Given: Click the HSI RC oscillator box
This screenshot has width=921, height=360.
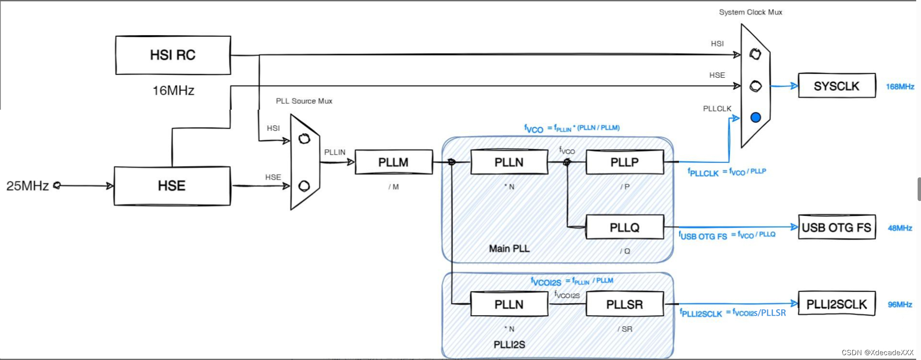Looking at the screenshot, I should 173,55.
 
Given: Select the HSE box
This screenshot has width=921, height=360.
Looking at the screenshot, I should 172,186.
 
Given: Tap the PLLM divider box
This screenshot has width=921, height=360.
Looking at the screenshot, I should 393,162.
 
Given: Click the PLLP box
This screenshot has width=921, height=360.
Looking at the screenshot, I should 624,162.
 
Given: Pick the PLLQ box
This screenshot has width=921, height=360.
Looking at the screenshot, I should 624,227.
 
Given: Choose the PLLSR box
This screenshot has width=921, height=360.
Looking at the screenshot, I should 624,304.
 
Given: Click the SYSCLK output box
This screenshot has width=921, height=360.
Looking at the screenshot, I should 836,86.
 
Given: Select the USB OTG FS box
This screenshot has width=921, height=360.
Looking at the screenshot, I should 836,227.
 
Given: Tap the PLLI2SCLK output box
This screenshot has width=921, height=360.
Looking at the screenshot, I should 836,304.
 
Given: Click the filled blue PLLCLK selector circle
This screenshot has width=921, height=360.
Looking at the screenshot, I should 756,117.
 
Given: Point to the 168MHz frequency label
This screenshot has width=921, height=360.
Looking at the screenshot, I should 900,87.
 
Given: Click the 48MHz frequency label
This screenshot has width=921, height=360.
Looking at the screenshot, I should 900,228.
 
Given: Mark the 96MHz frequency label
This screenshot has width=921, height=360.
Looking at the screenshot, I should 900,304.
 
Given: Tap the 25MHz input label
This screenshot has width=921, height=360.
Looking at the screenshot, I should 28,186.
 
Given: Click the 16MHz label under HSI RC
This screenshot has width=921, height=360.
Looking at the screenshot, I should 173,91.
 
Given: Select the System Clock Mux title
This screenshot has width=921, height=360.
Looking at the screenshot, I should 750,12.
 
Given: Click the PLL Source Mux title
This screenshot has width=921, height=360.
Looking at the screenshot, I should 304,101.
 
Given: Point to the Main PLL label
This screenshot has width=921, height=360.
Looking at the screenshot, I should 509,249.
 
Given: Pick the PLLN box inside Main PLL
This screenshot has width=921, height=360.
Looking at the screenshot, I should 509,162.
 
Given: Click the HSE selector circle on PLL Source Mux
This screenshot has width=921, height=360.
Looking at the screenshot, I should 304,186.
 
